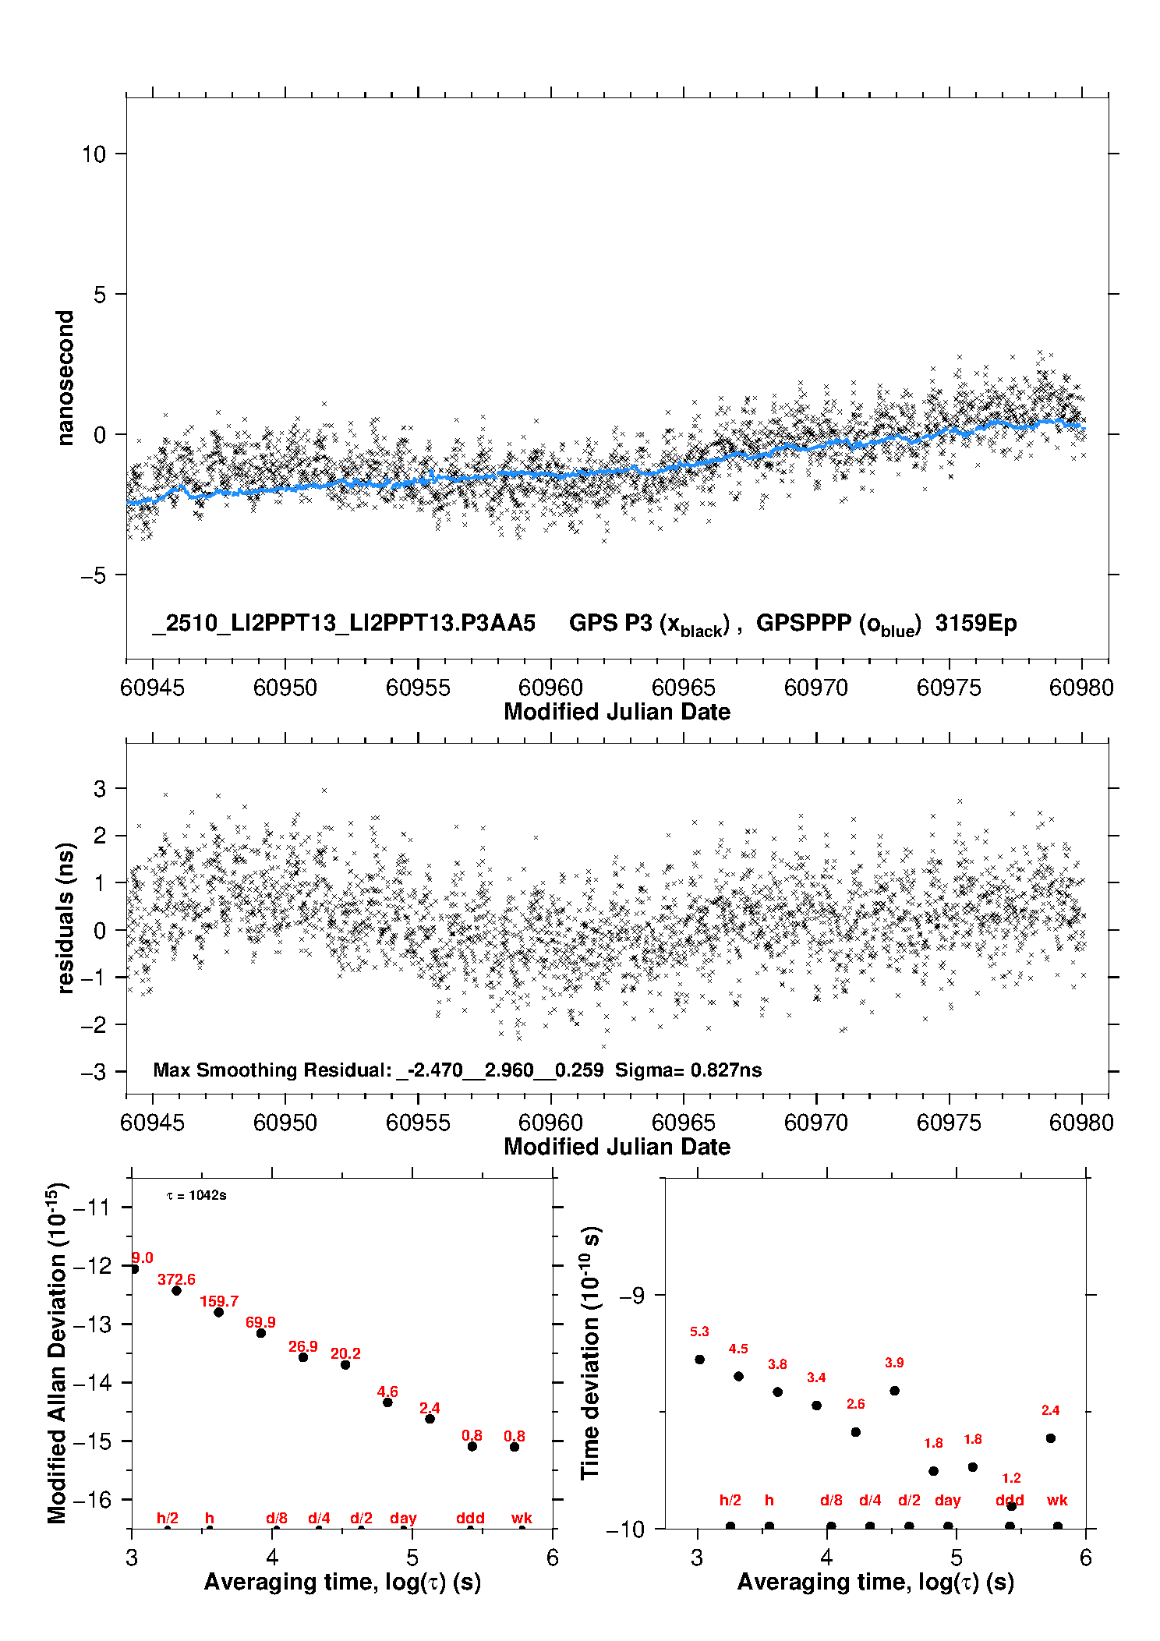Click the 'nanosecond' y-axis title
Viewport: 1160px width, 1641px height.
click(65, 378)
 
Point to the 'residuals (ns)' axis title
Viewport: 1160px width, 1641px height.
click(65, 918)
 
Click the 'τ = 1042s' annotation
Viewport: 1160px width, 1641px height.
click(196, 1196)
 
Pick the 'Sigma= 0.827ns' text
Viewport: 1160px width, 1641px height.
click(688, 1070)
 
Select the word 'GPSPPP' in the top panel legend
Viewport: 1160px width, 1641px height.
click(804, 624)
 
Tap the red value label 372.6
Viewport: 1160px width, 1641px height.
click(176, 1280)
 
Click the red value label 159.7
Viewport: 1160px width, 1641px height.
click(219, 1302)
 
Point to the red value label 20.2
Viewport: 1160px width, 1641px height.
click(345, 1354)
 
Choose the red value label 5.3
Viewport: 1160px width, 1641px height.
click(699, 1332)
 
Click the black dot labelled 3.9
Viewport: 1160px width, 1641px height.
click(894, 1391)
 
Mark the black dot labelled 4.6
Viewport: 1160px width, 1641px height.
click(387, 1402)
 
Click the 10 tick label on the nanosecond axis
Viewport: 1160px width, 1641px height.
click(94, 154)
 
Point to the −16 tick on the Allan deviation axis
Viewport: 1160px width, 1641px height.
click(91, 1500)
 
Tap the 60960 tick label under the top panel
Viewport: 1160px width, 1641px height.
click(550, 688)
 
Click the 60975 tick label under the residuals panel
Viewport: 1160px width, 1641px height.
click(949, 1123)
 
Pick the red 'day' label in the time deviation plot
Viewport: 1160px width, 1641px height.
click(947, 1501)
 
